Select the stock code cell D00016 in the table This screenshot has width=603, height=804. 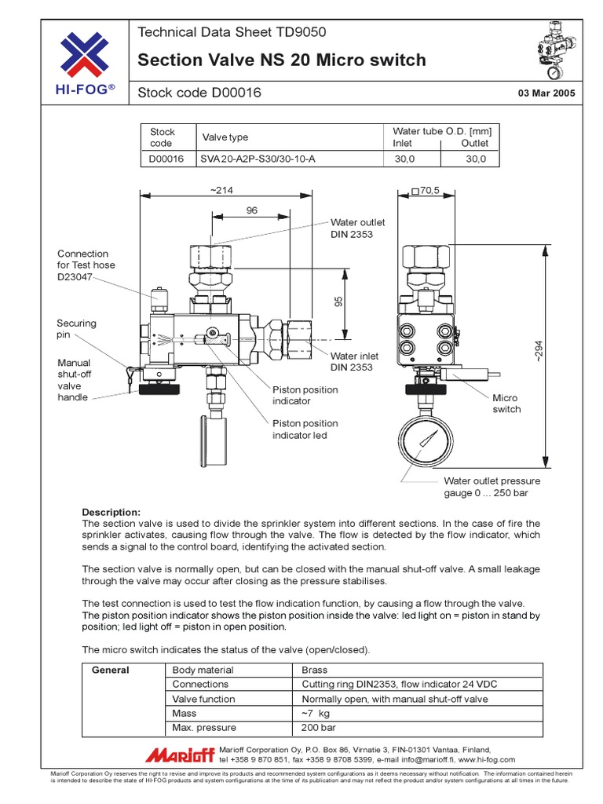point(166,159)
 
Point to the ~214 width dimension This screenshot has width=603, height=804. point(222,190)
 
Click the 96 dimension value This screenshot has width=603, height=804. point(252,210)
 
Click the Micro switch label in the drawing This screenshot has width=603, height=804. point(506,404)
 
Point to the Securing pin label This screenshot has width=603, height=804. point(76,329)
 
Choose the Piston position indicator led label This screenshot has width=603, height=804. point(305,429)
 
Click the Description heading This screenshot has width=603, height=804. point(111,512)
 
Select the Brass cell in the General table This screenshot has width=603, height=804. point(315,671)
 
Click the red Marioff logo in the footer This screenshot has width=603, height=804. point(179,755)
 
